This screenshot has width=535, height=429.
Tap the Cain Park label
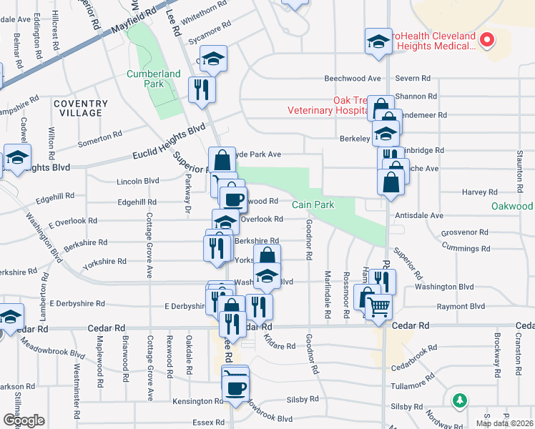click(313, 204)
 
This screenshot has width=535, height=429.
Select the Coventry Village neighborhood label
click(81, 109)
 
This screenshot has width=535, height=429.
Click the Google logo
click(23, 420)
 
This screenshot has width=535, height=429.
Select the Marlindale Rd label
click(328, 293)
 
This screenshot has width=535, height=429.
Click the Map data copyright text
click(504, 423)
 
